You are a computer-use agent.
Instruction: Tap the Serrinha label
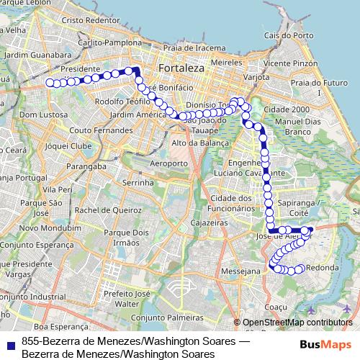click(138, 184)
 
